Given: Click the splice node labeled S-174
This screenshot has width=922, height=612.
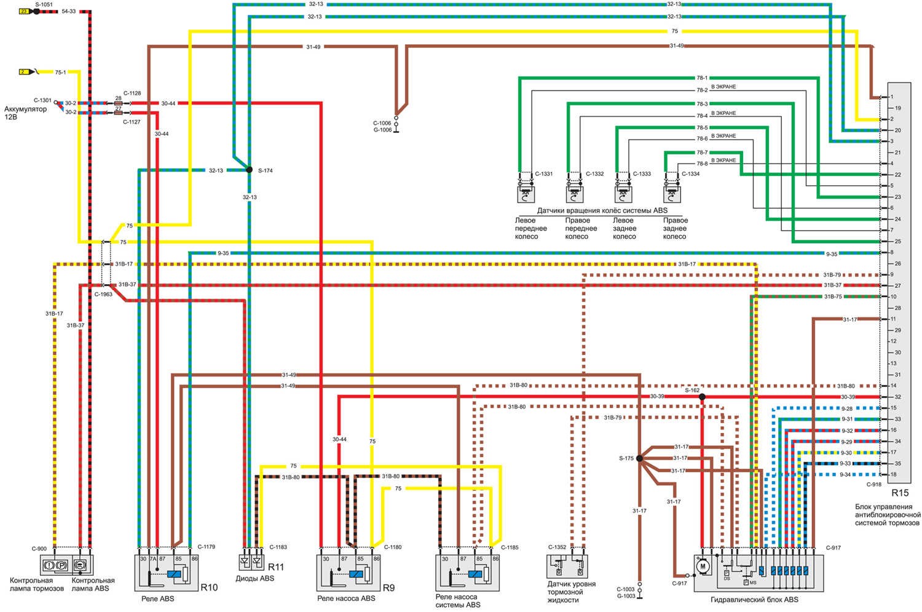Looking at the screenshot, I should point(249,170).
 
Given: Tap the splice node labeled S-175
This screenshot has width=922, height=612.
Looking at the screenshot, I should point(639,458).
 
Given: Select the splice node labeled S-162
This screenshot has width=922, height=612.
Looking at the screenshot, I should point(702,397).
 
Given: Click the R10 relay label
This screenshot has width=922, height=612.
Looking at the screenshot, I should point(209,587).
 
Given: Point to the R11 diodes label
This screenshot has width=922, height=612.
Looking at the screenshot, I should point(276,567).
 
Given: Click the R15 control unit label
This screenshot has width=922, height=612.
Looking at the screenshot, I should point(900,493).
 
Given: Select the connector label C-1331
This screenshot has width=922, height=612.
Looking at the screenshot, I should point(543,174).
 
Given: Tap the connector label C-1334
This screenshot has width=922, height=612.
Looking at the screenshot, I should point(690,174).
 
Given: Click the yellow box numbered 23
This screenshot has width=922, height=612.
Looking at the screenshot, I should point(24,11).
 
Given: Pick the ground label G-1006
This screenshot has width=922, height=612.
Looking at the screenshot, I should point(382,130).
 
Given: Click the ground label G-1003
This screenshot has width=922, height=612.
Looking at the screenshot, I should point(625,596).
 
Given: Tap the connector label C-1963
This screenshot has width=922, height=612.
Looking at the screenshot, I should point(103,295).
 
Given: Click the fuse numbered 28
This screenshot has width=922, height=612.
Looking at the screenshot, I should point(118,98).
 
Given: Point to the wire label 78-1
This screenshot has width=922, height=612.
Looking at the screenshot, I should point(701,78).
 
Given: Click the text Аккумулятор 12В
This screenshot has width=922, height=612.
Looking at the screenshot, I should point(25,113).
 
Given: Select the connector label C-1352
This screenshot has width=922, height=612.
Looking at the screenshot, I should point(557,547).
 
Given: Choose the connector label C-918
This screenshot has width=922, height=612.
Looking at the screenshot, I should point(873,485).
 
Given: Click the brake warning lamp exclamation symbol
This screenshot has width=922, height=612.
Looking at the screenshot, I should point(50,564).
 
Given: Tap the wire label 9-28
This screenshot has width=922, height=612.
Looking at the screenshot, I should point(846,408).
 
